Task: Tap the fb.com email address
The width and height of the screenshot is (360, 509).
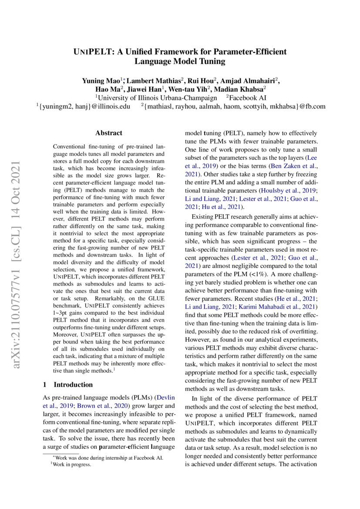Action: point(235,106)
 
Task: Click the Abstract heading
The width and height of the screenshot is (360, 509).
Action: point(109,133)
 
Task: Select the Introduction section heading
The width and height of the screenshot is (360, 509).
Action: point(73,384)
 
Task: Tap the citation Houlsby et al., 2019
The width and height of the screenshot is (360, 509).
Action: point(287,191)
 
